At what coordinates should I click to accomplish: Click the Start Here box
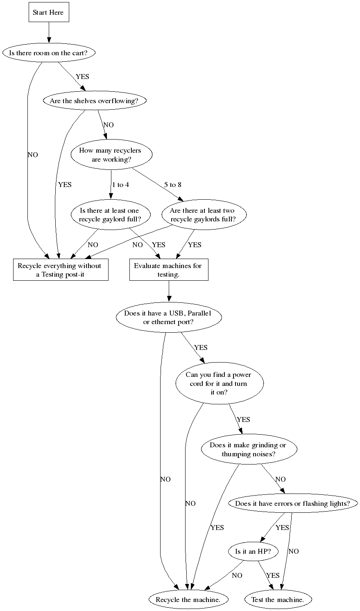tap(48, 13)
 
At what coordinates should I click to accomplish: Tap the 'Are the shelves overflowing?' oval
tap(95, 101)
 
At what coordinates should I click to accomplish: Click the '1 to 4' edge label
tap(120, 185)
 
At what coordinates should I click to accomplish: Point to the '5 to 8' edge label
tap(172, 185)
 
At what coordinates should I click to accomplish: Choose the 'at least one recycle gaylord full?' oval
tap(109, 215)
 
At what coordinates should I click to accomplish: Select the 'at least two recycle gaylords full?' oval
tap(202, 215)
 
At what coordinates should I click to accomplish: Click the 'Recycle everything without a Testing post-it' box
tap(60, 270)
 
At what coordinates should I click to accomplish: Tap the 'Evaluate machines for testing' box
tap(168, 270)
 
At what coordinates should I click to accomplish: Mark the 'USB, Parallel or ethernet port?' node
tap(168, 318)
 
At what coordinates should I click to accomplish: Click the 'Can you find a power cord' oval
tap(218, 383)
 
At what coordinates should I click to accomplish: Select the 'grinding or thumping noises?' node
tap(248, 449)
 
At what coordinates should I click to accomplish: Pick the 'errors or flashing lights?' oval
tap(292, 503)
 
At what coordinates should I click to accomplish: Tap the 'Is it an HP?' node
tap(252, 552)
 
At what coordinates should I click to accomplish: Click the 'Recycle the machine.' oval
tap(188, 600)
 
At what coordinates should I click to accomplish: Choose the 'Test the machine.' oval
tap(278, 600)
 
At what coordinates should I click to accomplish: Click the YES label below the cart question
tap(82, 77)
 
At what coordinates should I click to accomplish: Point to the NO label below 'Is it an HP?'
tap(237, 575)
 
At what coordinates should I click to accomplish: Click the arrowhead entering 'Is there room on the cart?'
tap(49, 40)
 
